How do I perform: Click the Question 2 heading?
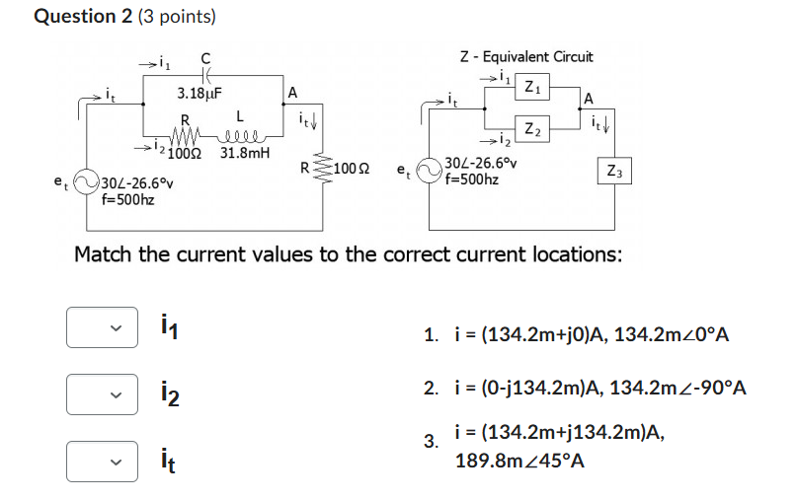[x=124, y=17]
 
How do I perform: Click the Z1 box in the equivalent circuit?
[x=531, y=86]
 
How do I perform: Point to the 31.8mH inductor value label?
[x=244, y=154]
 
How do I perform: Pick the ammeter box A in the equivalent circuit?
[x=590, y=97]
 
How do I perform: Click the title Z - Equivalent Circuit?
[x=525, y=57]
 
